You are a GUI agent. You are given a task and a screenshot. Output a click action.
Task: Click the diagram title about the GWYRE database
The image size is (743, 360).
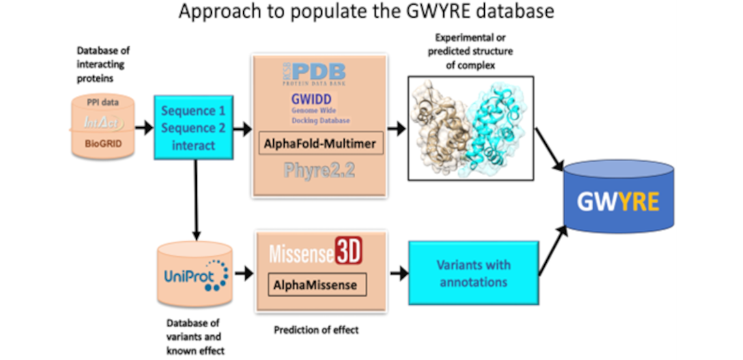367,12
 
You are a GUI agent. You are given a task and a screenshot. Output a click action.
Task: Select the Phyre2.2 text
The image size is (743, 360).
318,171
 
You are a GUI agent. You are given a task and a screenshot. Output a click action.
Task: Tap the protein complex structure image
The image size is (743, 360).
471,128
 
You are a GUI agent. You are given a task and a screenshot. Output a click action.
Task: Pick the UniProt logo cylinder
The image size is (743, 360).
194,273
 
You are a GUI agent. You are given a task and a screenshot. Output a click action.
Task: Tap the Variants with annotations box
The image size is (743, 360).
474,274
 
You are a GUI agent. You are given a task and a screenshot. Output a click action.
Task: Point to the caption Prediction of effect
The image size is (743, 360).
316,330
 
